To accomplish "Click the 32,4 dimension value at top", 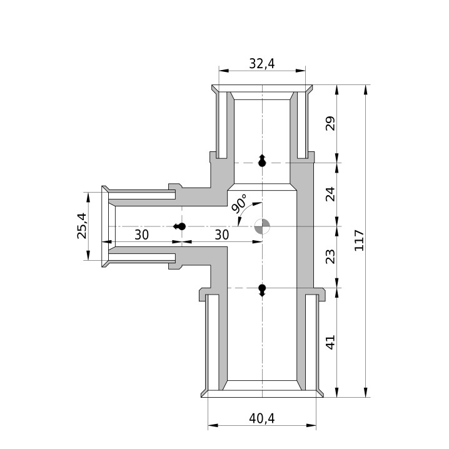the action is [262, 64].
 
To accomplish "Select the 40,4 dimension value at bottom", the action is [262, 418].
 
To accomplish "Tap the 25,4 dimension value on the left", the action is [82, 226].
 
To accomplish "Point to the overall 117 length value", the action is [359, 240].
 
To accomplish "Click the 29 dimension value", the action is [330, 123].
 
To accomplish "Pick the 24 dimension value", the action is [330, 194].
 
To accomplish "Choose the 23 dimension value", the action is [330, 256].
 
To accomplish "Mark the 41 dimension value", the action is [330, 342].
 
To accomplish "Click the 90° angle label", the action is [239, 203].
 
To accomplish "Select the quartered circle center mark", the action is [262, 226].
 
